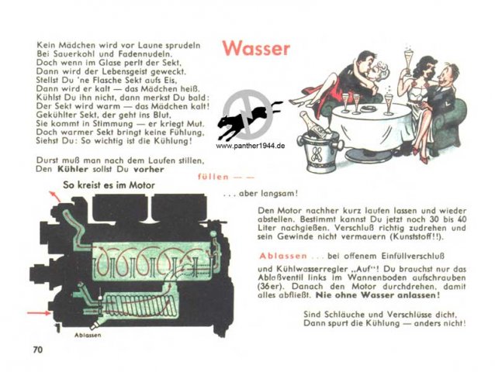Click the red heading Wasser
click(x=256, y=48)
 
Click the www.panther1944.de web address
click(x=251, y=146)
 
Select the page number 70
click(x=37, y=350)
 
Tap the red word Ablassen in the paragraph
click(x=283, y=256)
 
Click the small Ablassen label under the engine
click(x=88, y=335)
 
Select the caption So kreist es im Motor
click(x=109, y=184)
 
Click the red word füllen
click(x=213, y=177)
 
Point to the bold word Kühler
click(x=73, y=169)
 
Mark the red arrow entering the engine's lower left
click(x=39, y=313)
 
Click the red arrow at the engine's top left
click(x=54, y=196)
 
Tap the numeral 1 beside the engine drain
click(x=57, y=328)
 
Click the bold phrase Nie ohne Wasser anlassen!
click(x=378, y=295)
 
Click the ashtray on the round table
click(x=368, y=108)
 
